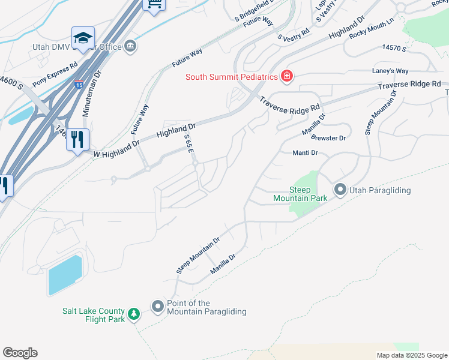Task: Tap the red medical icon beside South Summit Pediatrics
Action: coord(287,76)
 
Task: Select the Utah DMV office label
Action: coord(76,47)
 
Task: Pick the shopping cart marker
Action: coord(154,5)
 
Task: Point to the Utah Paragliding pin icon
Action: coord(340,190)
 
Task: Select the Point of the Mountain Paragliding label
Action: coord(206,307)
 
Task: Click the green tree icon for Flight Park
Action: coord(134,314)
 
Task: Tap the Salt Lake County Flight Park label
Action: coord(94,315)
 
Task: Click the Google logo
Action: coord(20,353)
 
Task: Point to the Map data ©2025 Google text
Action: coord(412,355)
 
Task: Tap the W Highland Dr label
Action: coord(116,149)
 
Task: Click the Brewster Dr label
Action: coord(329,139)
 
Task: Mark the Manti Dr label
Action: coord(305,153)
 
